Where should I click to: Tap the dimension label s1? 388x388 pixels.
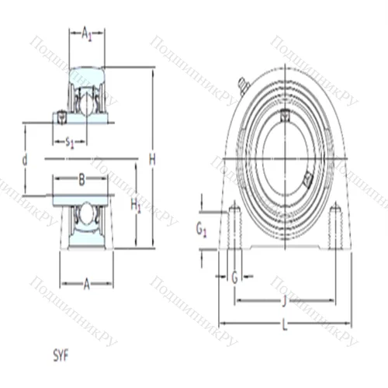click(70, 141)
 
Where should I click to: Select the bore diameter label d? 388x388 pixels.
click(25, 160)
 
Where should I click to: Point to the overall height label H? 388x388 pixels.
click(152, 160)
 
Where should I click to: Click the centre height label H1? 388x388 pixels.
click(136, 205)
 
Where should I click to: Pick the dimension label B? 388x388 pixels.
click(81, 181)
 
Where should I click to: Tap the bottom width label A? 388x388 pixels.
click(86, 284)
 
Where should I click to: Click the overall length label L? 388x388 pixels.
click(284, 327)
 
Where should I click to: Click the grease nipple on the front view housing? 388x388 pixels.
click(243, 84)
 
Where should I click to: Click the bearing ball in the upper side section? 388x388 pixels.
click(87, 101)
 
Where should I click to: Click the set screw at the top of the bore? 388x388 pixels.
click(285, 116)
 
